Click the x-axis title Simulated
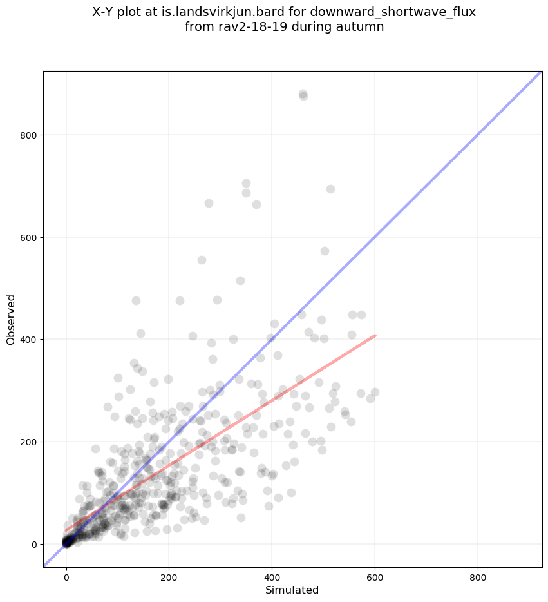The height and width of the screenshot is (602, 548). coord(292,590)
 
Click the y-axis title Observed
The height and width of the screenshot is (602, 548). coord(11,319)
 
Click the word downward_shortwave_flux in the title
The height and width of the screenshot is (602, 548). coord(406,12)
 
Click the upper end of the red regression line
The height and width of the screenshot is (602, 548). coord(375,335)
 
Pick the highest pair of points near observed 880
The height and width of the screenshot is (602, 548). coord(303,95)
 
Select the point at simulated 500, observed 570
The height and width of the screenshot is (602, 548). coord(325,251)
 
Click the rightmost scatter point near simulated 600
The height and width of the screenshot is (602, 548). coord(375,392)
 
